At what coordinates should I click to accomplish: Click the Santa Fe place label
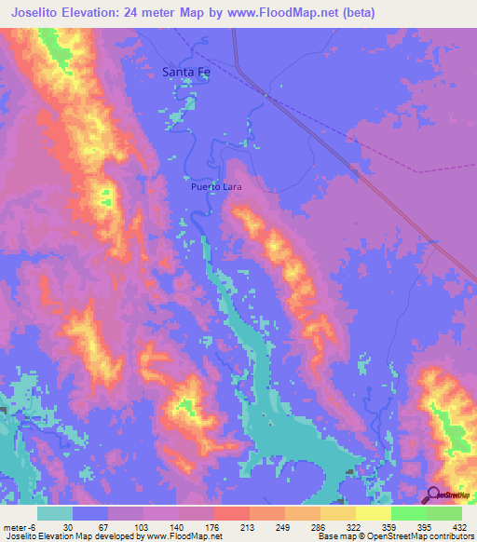point(185,71)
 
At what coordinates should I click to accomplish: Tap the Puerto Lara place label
point(217,186)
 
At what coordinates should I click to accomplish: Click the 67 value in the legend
point(103,526)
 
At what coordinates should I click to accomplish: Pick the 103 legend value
point(139,526)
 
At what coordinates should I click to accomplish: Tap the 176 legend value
point(210,526)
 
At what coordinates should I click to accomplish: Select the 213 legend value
point(245,526)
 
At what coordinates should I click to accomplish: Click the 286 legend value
point(316,526)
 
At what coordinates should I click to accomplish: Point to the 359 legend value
point(387,526)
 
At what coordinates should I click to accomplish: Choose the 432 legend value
point(457,526)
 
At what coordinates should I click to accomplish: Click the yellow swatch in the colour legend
point(373,513)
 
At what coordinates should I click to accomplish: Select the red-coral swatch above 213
point(231,513)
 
